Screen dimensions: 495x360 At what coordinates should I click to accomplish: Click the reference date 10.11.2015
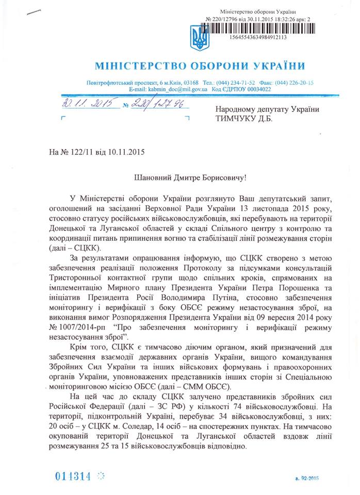(x=126, y=152)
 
